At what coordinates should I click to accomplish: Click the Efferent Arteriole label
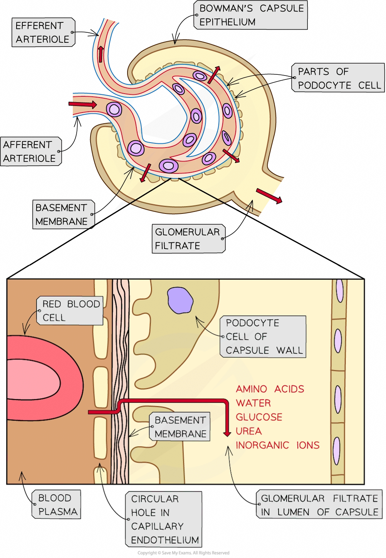pyautogui.click(x=43, y=32)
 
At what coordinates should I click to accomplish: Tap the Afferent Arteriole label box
pyautogui.click(x=30, y=151)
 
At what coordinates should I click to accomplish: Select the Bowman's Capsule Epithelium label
pyautogui.click(x=250, y=15)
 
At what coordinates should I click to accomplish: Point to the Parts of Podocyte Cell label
pyautogui.click(x=338, y=78)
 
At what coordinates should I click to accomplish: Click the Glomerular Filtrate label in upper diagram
pyautogui.click(x=188, y=239)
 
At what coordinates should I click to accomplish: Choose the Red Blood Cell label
pyautogui.click(x=70, y=311)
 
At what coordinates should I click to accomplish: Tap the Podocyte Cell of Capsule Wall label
pyautogui.click(x=263, y=336)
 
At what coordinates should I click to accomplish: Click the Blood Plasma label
pyautogui.click(x=57, y=504)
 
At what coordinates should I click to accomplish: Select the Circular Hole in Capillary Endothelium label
pyautogui.click(x=163, y=519)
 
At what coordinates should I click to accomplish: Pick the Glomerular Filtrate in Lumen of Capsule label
pyautogui.click(x=319, y=505)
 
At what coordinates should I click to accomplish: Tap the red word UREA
pyautogui.click(x=248, y=431)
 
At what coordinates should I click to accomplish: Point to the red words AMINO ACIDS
pyautogui.click(x=270, y=389)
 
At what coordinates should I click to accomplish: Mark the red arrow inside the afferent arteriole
pyautogui.click(x=82, y=104)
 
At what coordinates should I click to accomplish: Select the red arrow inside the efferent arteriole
pyautogui.click(x=101, y=54)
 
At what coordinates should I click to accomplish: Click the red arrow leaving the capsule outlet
pyautogui.click(x=269, y=195)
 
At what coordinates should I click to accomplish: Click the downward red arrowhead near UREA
pyautogui.click(x=227, y=434)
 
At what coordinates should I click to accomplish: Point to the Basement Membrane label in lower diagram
pyautogui.click(x=180, y=427)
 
